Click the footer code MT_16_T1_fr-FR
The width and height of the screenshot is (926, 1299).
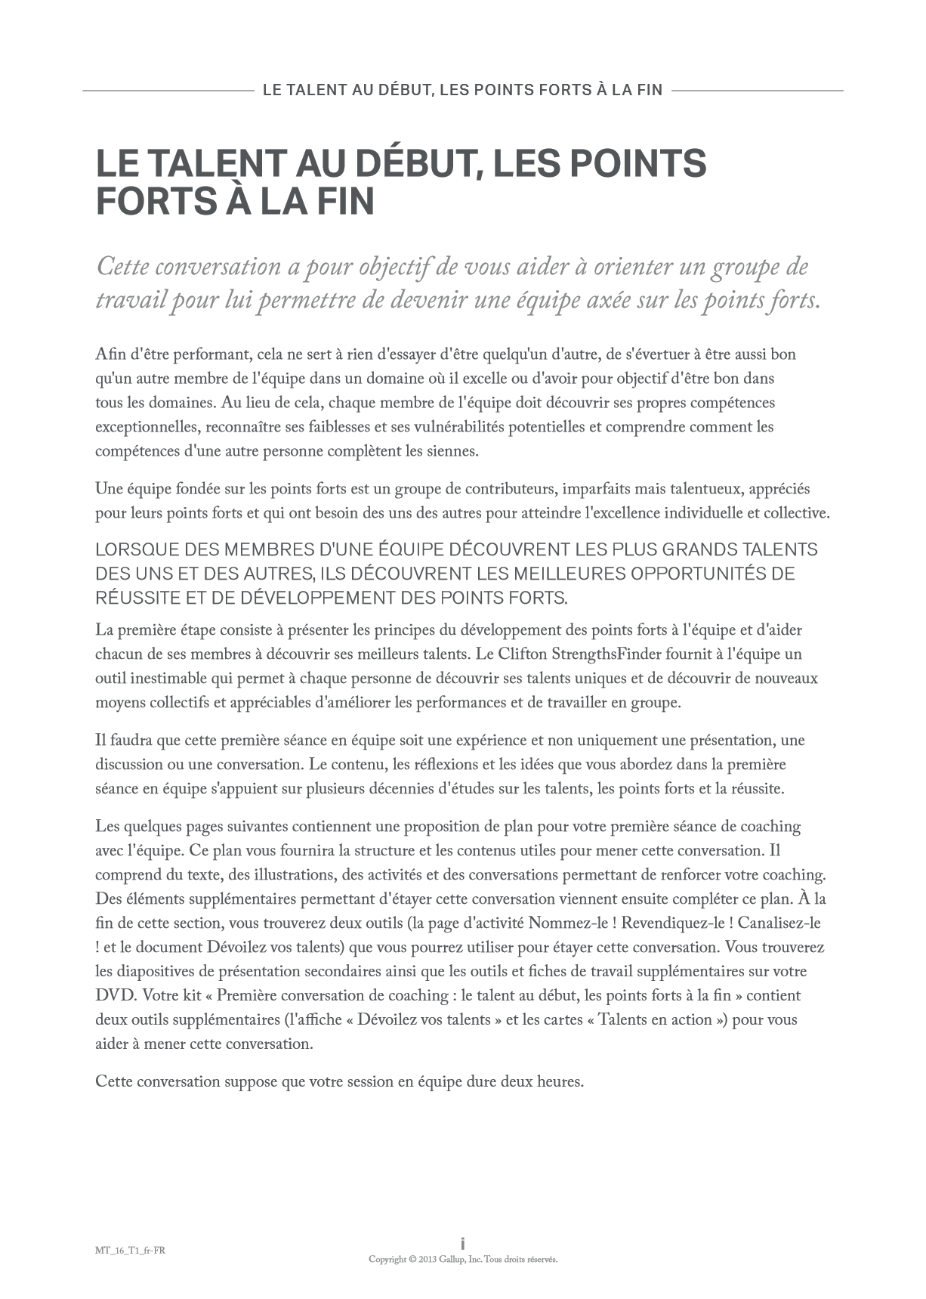pos(125,1250)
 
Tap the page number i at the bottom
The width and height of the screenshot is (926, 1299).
pos(462,1243)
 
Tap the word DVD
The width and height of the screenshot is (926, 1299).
pos(114,995)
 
